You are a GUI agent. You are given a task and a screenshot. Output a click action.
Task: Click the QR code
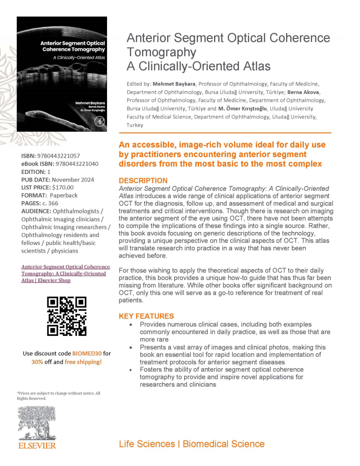point(67,316)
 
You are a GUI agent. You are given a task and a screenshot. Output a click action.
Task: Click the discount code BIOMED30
point(86,354)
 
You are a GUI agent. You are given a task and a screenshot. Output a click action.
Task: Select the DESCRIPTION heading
point(143,181)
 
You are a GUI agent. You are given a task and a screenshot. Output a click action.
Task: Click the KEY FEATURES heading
point(146,316)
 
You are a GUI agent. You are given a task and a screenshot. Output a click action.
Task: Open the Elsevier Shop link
point(66,273)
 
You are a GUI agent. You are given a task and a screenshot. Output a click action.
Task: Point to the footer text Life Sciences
point(147,444)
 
